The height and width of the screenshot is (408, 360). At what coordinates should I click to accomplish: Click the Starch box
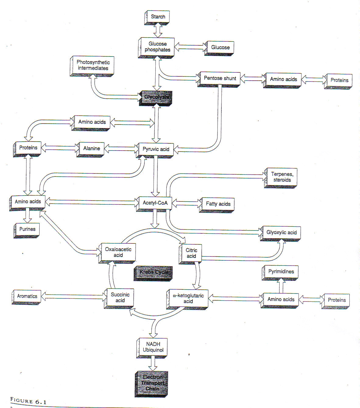pos(157,17)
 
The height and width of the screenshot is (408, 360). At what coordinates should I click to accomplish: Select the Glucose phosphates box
pos(157,47)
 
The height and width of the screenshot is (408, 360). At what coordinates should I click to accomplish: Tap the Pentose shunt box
pos(220,78)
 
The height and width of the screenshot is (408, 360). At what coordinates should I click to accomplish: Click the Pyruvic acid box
pos(156,149)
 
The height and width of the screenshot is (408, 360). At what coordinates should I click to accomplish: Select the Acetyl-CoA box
pos(155,203)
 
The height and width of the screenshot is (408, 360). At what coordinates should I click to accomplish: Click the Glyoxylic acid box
pos(281,233)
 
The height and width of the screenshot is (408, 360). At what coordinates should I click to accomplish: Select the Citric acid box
pos(191,253)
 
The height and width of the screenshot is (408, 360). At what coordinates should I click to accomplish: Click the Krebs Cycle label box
pos(153,272)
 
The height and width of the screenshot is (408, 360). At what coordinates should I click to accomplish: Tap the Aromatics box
pos(27,296)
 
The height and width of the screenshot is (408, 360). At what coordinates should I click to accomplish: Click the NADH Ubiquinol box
pos(153,347)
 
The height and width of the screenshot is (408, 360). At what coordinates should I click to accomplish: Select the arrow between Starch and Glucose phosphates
pos(158,30)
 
